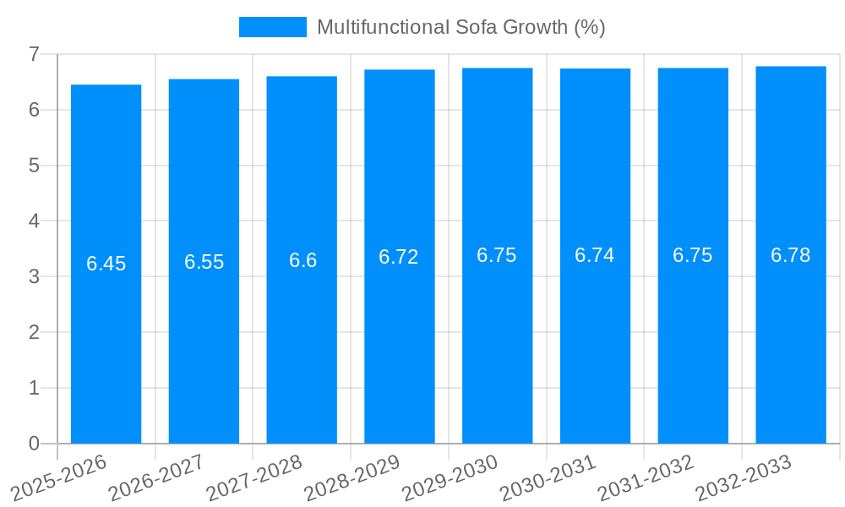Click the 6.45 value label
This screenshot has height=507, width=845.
(106, 264)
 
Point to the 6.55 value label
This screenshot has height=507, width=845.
(204, 262)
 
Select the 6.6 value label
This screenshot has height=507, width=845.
(303, 260)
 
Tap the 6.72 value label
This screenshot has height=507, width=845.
(399, 257)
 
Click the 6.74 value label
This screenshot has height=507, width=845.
(595, 255)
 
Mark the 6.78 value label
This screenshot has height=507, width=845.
(791, 255)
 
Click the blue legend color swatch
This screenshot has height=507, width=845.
(272, 27)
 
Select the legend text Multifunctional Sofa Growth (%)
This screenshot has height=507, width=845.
(461, 27)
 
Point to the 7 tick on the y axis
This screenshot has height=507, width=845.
(34, 55)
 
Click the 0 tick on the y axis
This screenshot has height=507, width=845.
(34, 444)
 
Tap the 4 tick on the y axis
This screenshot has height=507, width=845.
(34, 221)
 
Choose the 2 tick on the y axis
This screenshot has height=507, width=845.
(34, 332)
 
